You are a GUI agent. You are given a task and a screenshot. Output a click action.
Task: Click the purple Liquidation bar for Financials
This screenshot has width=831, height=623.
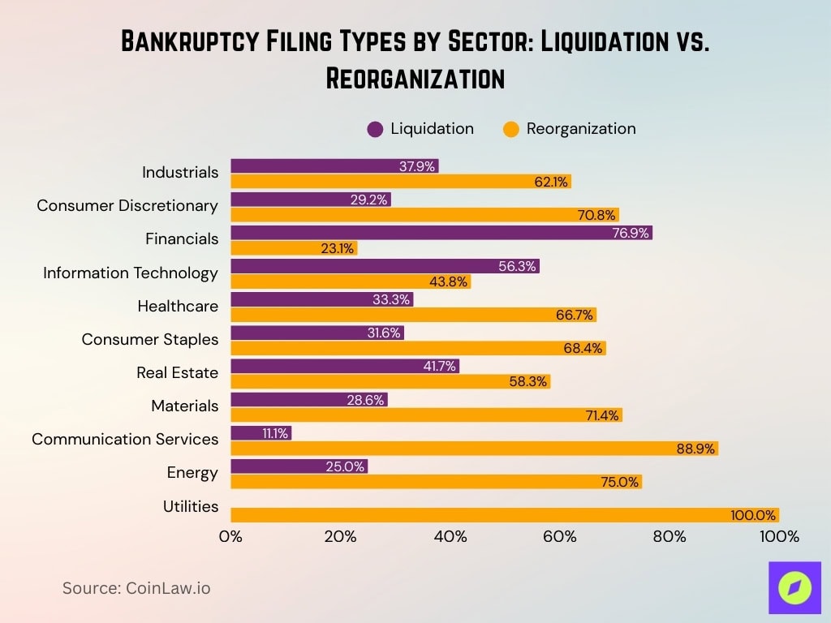[x=441, y=233]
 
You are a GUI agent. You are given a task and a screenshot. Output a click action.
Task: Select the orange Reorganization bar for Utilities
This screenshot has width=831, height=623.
[x=504, y=515]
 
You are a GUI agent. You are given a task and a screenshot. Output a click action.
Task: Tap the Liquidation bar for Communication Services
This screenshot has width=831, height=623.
[x=260, y=433]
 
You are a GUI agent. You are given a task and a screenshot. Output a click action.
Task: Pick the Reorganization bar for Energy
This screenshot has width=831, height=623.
[x=436, y=481]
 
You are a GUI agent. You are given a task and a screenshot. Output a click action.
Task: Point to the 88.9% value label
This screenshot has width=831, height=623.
[x=696, y=449]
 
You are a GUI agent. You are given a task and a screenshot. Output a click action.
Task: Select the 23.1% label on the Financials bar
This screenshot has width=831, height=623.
[x=337, y=249]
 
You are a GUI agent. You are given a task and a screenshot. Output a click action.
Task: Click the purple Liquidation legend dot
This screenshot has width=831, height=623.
[x=375, y=129]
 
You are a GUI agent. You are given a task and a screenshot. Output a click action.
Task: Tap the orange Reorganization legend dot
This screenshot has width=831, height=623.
[x=510, y=129]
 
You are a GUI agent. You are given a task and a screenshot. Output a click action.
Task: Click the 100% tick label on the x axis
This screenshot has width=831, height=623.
[x=778, y=537]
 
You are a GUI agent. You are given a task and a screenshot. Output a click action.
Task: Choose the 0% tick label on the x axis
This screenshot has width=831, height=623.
[x=231, y=537]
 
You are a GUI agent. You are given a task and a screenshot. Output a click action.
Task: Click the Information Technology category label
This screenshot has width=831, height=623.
[x=131, y=273]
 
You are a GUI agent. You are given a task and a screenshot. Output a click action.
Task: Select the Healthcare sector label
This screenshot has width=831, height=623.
[x=178, y=306]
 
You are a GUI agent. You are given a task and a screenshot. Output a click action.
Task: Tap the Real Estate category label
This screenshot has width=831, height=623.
[x=177, y=372]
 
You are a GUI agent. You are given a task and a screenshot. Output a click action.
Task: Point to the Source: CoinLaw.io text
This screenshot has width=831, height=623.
[x=136, y=588]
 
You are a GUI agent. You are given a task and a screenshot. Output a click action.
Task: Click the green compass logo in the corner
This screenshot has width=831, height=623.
[x=794, y=587]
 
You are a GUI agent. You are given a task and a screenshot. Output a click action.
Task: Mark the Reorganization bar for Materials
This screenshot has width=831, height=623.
[x=426, y=415]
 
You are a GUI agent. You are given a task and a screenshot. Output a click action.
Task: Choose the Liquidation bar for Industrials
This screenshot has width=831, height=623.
[x=334, y=166]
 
